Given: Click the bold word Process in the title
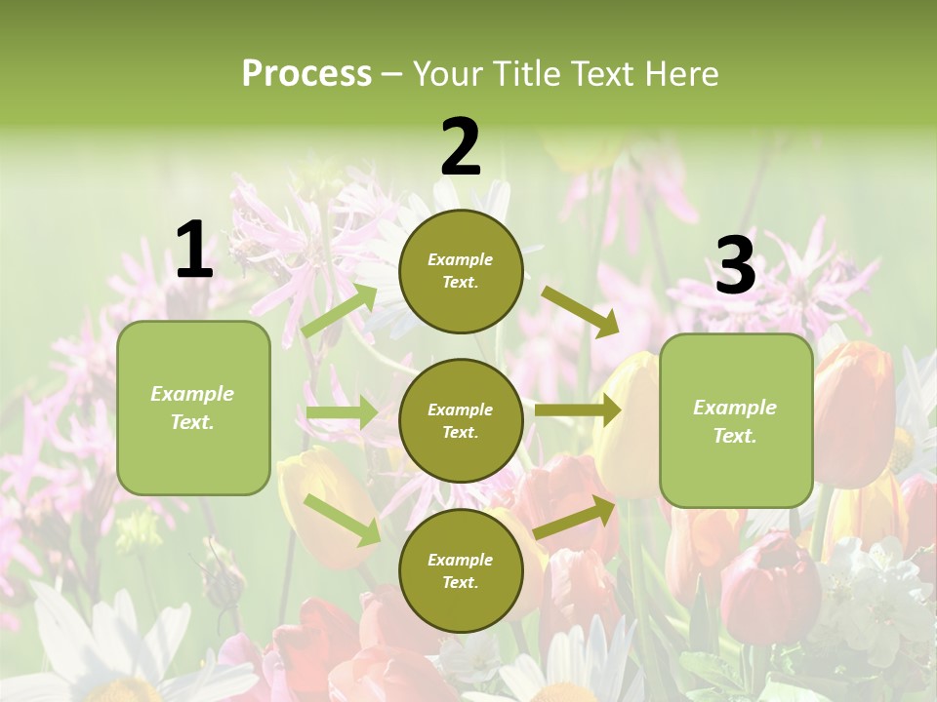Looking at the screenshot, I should coord(306,74).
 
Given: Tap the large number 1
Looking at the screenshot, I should coord(194,250).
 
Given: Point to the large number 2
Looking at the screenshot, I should coord(461,147).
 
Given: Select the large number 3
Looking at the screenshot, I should coord(735,265).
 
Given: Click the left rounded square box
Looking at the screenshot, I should coord(193,408).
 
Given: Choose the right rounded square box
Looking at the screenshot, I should coord(736,420).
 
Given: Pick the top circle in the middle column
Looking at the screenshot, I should coord(461,271).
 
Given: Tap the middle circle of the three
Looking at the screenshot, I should coord(461,420).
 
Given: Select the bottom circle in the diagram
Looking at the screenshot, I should coord(461,570).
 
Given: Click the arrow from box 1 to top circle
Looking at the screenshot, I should coord(341,310).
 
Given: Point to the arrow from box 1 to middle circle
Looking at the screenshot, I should coord(342,413).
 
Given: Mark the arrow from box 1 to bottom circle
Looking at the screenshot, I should coord(343,519).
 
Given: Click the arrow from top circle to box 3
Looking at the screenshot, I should coord(582,310).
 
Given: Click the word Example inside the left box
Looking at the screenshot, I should coord(192,394).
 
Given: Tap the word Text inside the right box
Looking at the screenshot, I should coord(735,436).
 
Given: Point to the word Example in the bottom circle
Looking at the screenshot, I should coord(460,560).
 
